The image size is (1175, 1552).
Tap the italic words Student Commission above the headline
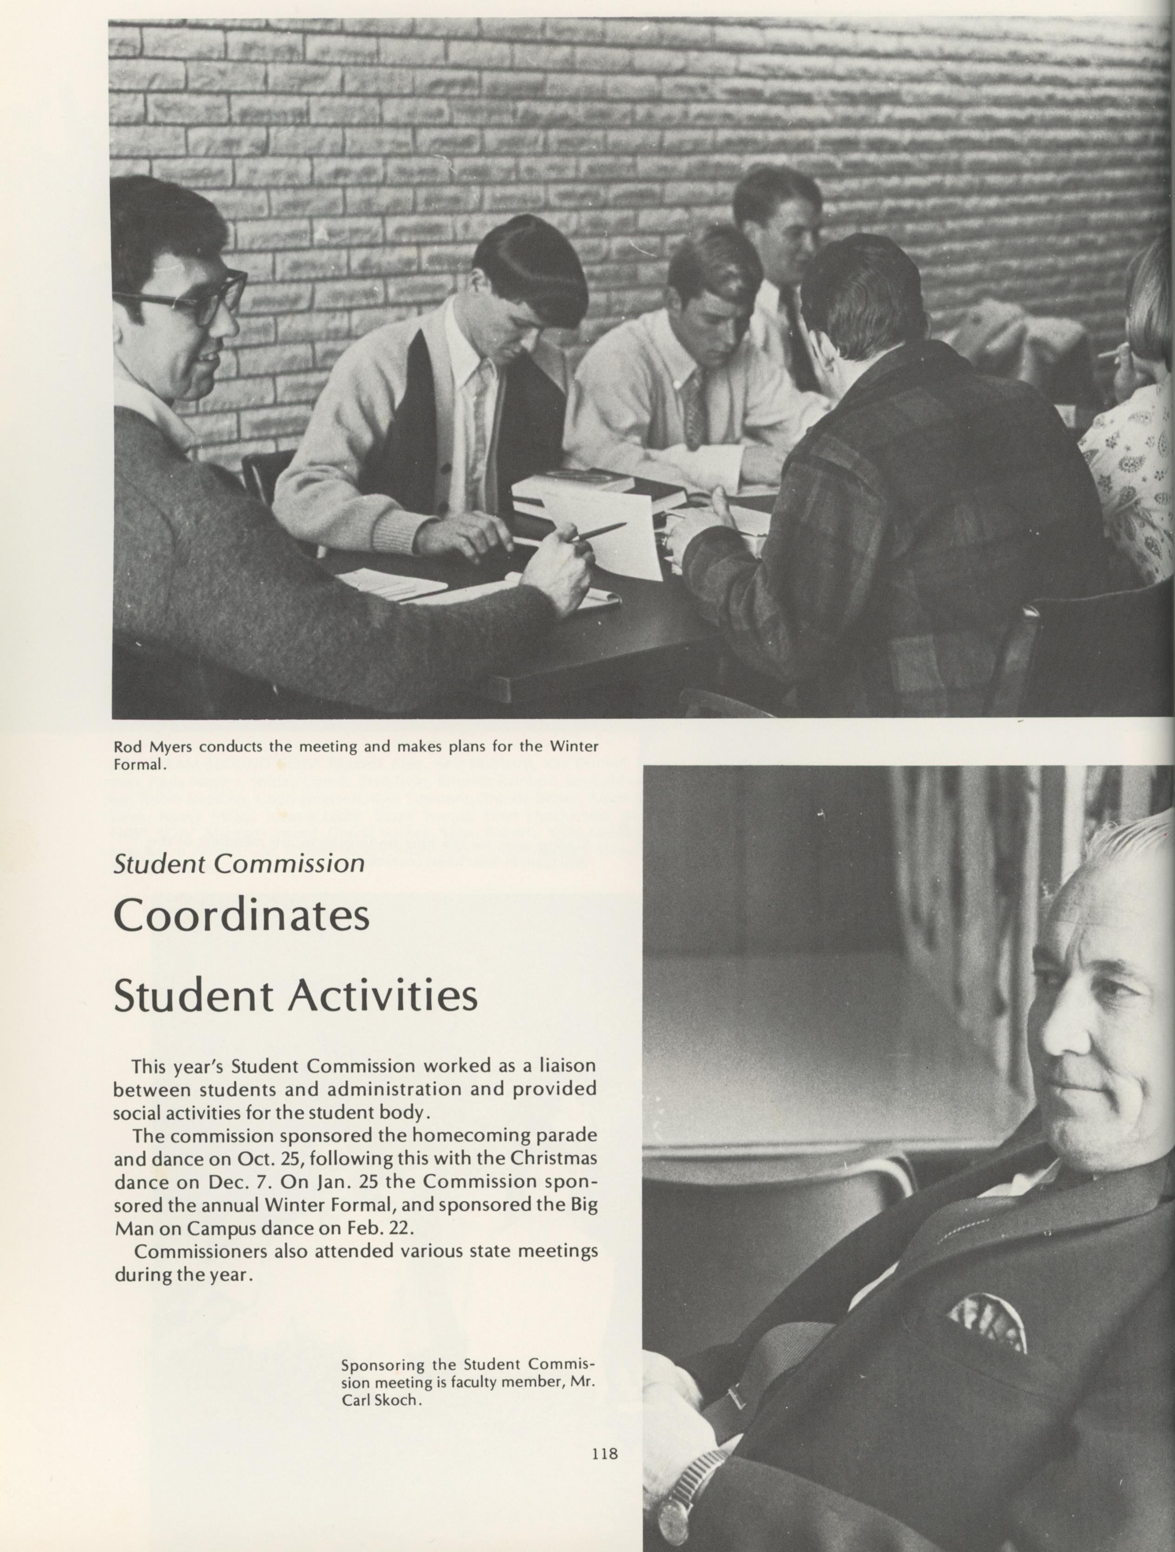(239, 863)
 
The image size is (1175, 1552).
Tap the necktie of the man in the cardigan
(482, 414)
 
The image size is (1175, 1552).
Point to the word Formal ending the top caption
(139, 764)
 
